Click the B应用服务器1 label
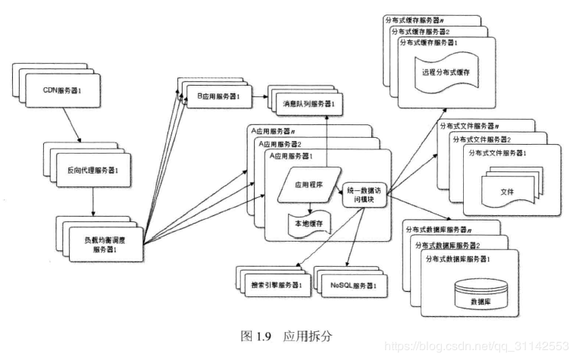[x=218, y=97]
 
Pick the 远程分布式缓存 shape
[x=446, y=73]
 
